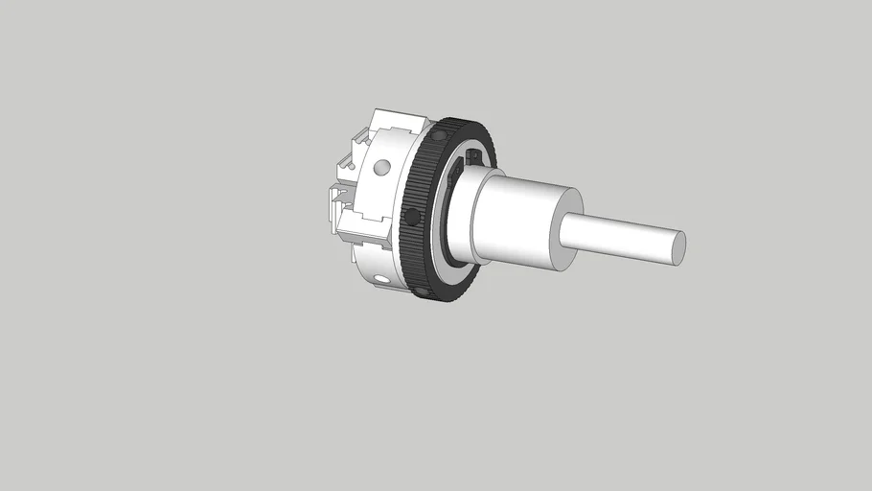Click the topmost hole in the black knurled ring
[438, 137]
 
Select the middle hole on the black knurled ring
[409, 213]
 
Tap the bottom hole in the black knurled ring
[419, 290]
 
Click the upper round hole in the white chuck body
[382, 168]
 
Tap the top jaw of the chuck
[398, 122]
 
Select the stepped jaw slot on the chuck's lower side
[369, 230]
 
